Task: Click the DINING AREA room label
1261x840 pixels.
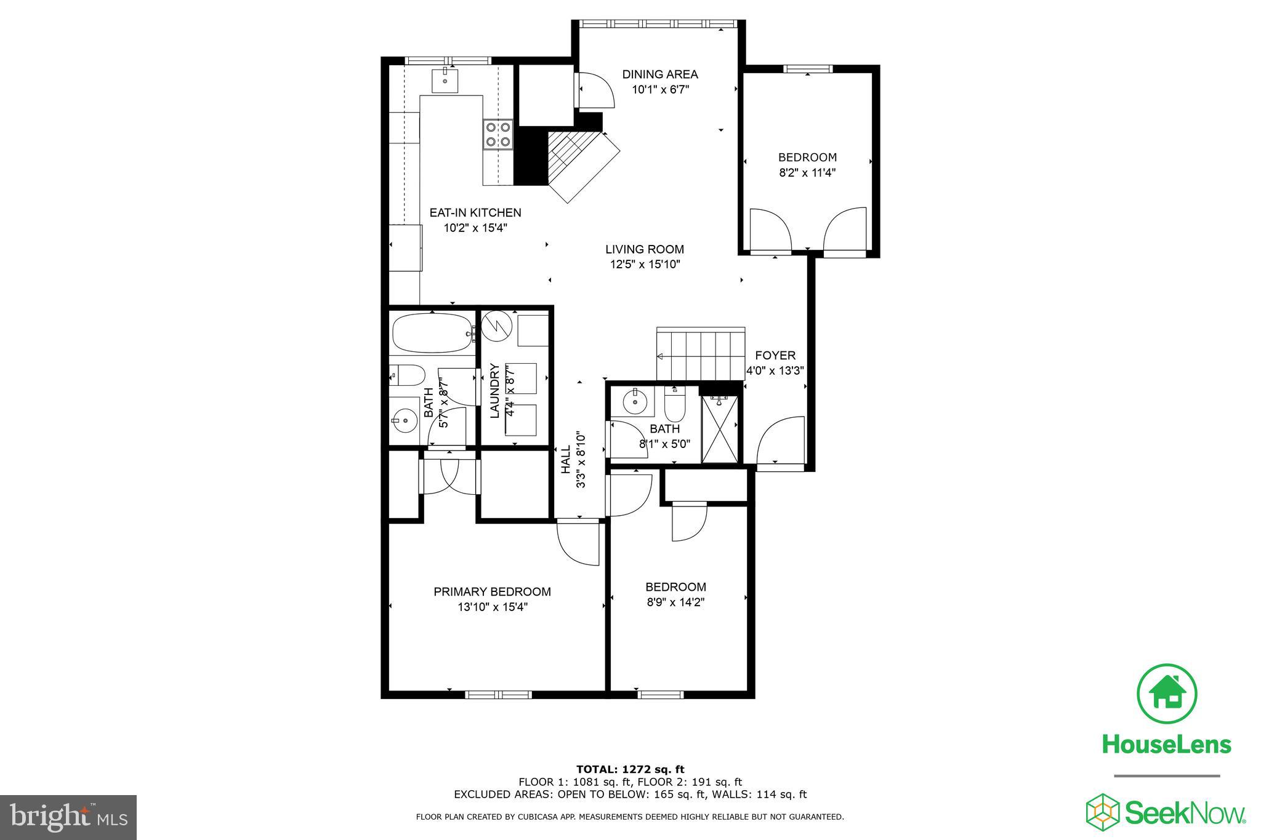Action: click(660, 74)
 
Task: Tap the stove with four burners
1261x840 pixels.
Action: click(498, 134)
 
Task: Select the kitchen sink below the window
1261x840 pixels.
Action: click(445, 81)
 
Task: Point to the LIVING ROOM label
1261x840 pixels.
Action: click(644, 249)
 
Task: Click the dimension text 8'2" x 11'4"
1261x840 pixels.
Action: click(807, 173)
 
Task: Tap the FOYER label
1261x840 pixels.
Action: click(775, 355)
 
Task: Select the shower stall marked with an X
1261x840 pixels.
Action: click(720, 430)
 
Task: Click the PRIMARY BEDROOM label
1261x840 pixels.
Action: click(492, 591)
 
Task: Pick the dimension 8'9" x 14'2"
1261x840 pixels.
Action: click(675, 602)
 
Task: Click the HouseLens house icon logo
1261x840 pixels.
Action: click(1166, 694)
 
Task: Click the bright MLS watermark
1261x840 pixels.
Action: click(68, 817)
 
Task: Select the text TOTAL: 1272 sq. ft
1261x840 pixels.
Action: click(630, 769)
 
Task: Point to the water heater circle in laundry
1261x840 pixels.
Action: click(496, 326)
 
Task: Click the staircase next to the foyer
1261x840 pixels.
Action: click(701, 354)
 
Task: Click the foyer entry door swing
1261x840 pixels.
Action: click(781, 442)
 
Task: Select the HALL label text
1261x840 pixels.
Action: click(566, 460)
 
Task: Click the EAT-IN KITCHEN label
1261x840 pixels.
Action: click(475, 212)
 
